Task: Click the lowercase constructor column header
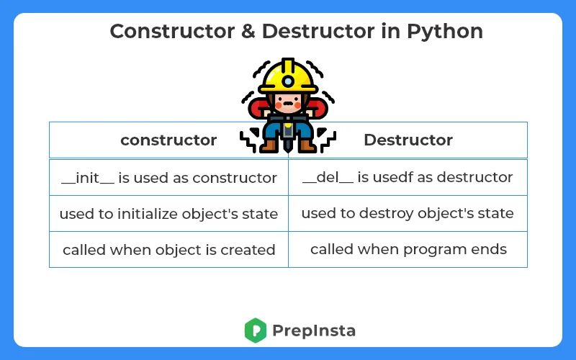click(168, 140)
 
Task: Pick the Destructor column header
click(408, 140)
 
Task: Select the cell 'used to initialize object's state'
click(168, 214)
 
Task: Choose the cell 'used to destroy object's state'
click(408, 214)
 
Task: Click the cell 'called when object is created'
click(168, 251)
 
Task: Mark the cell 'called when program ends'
click(408, 250)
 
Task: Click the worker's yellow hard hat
click(288, 76)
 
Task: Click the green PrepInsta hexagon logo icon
click(256, 330)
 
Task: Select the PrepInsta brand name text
click(314, 331)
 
